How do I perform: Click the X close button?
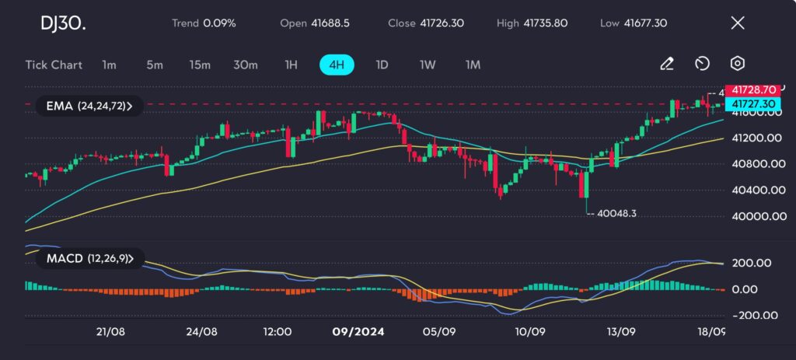738,23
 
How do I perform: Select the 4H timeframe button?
337,65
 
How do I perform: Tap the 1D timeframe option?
382,65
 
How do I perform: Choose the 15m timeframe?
200,65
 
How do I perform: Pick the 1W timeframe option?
428,65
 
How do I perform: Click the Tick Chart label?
54,65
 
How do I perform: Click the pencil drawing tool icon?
666,64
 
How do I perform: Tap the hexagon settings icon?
738,64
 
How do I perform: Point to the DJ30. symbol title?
63,23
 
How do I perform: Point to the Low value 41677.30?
644,23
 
